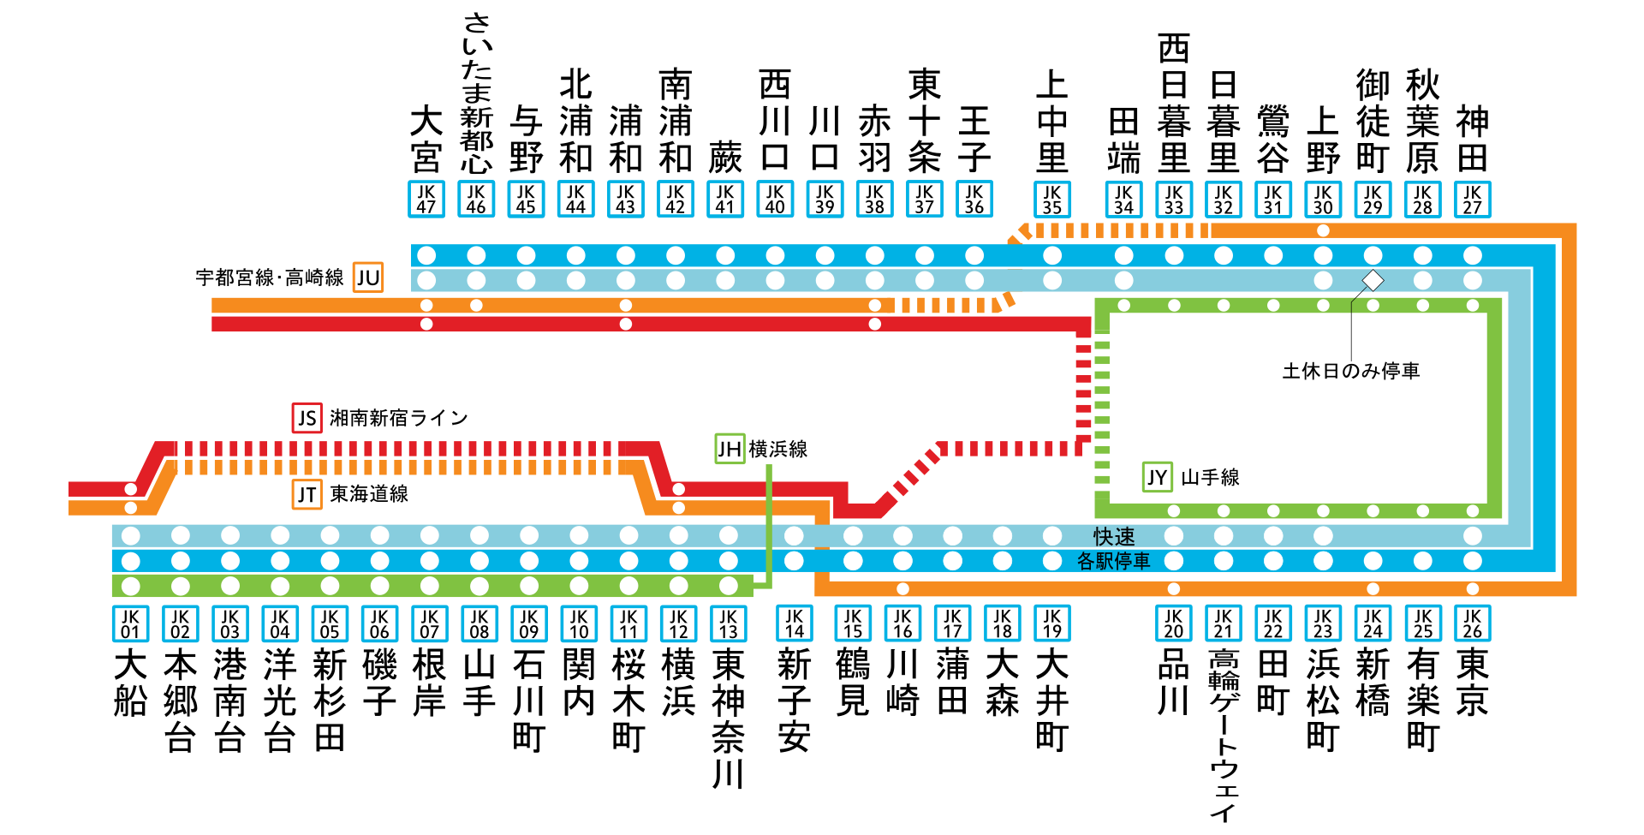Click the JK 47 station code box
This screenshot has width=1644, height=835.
pos(426,199)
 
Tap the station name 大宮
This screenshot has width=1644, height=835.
pos(426,140)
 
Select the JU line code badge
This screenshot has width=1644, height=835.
pos(368,277)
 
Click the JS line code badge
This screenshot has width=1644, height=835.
pos(307,418)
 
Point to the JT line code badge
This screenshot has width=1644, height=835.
pos(307,494)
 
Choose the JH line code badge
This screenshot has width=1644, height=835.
pos(730,449)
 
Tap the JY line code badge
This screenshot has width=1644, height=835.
pos(1157,477)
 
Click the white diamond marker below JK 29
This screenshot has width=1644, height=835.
pos(1373,280)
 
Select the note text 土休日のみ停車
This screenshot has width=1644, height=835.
pos(1350,371)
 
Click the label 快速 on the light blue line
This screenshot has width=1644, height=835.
pos(1114,536)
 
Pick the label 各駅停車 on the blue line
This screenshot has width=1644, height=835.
pos(1113,561)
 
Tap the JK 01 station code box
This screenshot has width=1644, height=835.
pos(130,623)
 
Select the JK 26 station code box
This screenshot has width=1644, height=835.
pos(1472,623)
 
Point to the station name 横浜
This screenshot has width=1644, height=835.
pos(678,683)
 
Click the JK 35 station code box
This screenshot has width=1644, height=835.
pos(1052,199)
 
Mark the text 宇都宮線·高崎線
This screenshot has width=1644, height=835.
pos(269,277)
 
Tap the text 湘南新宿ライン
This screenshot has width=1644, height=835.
pos(399,418)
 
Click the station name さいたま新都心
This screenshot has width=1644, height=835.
pos(476,92)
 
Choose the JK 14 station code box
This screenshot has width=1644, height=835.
pos(794,623)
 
